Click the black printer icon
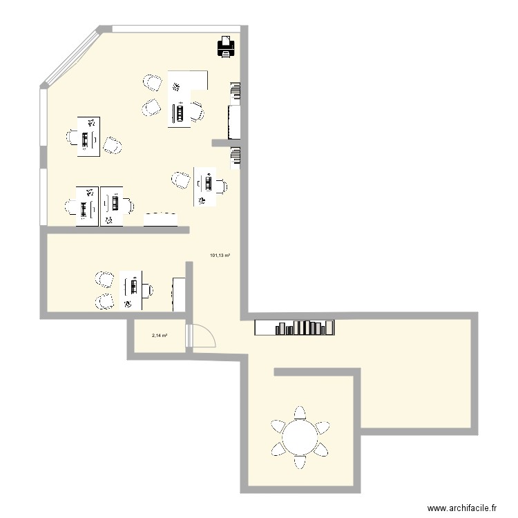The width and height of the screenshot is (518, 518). [x=227, y=46]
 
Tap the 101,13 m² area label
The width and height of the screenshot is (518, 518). [x=220, y=256]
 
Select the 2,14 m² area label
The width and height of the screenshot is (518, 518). [x=160, y=336]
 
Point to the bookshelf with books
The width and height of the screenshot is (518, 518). [x=295, y=327]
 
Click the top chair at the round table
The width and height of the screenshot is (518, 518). [x=300, y=414]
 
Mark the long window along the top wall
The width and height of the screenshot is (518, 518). [x=176, y=28]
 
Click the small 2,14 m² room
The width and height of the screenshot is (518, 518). [x=157, y=338]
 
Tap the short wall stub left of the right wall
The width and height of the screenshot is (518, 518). [x=226, y=143]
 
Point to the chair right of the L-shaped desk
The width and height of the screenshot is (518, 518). [x=198, y=110]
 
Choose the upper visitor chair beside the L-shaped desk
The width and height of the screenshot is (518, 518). [x=153, y=83]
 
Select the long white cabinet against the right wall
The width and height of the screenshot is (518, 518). [x=234, y=120]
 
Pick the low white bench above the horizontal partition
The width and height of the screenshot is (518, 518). [x=161, y=218]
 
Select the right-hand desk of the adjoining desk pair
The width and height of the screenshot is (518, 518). [x=112, y=205]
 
